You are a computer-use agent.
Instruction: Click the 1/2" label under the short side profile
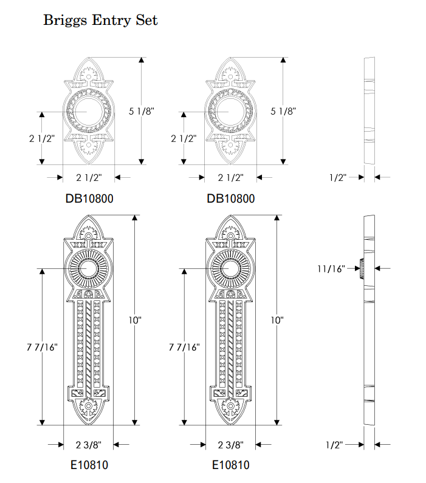[x=337, y=178]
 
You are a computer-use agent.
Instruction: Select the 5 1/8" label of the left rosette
[x=142, y=111]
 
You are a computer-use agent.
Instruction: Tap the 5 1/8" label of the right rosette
[x=283, y=111]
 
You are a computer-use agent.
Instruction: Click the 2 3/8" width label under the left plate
[x=89, y=445]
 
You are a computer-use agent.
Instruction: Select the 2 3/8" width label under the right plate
[x=231, y=445]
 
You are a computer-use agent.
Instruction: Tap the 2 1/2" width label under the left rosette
[x=89, y=178]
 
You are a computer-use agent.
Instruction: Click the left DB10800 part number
[x=89, y=198]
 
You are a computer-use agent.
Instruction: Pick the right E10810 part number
[x=230, y=465]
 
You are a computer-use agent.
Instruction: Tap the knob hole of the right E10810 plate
[x=230, y=268]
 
